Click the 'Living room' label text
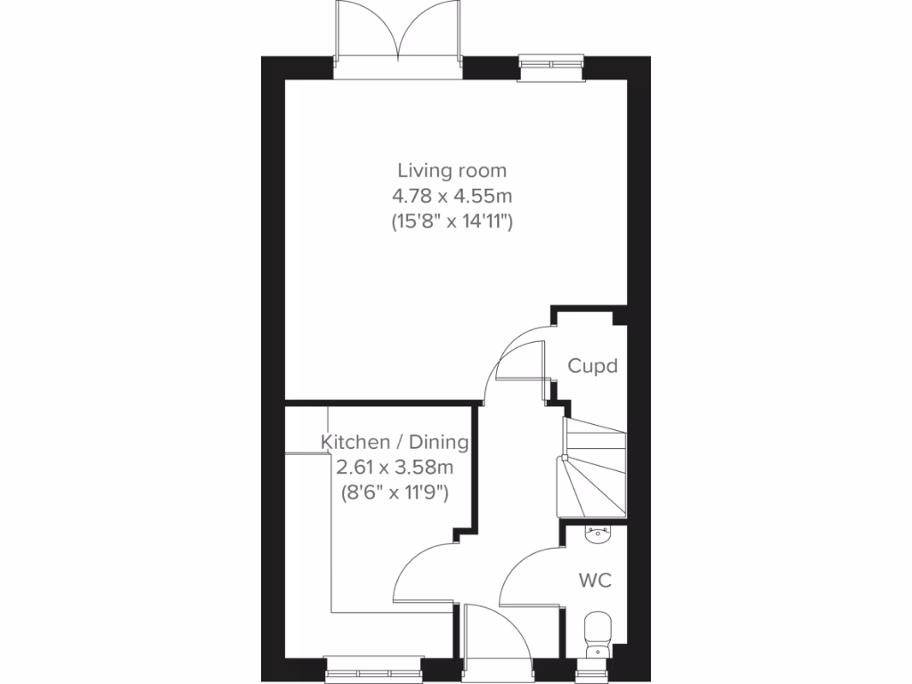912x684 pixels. click(452, 169)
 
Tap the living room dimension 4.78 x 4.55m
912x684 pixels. click(452, 195)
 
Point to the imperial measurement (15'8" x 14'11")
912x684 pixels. click(452, 222)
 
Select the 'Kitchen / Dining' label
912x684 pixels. click(395, 442)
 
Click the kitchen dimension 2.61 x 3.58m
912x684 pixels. click(395, 466)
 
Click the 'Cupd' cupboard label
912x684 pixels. click(592, 366)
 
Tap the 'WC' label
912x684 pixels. click(595, 581)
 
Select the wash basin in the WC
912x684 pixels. click(597, 533)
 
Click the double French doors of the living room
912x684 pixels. click(399, 34)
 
